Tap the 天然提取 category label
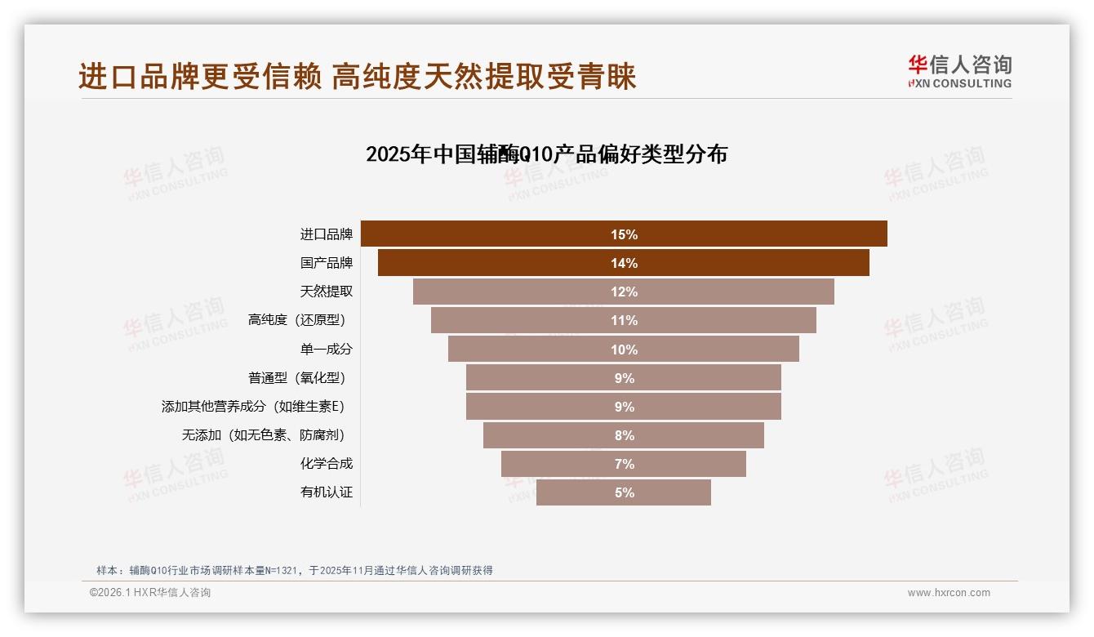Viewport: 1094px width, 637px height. (327, 292)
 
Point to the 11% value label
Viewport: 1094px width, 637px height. (624, 320)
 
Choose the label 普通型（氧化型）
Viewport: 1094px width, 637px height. (300, 378)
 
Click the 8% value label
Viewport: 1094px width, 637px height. (624, 435)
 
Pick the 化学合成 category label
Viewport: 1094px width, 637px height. (327, 464)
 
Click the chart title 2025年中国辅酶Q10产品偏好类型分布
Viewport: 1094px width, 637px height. (546, 154)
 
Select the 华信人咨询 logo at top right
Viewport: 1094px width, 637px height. (959, 71)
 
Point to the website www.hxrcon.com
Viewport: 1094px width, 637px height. (949, 593)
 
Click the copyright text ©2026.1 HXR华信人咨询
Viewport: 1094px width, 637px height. (150, 593)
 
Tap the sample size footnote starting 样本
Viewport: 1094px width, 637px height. (294, 570)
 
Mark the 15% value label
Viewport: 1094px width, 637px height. (624, 234)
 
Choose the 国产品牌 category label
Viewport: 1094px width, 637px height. (327, 263)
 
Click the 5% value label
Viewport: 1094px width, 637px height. (624, 492)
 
